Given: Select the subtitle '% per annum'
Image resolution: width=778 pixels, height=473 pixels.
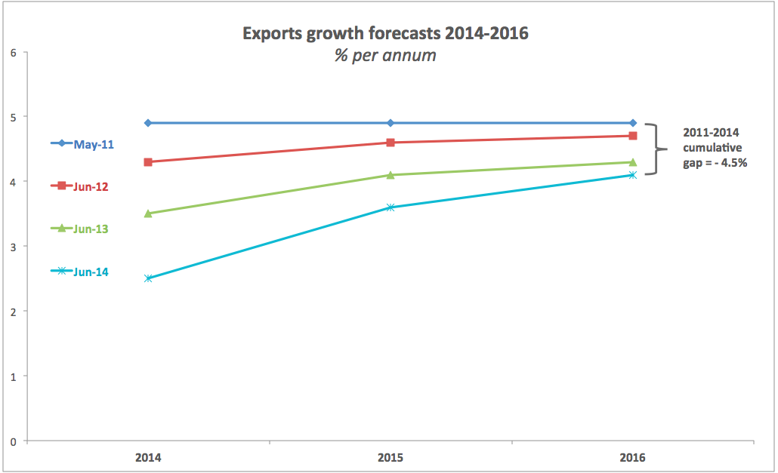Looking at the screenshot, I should click(385, 56).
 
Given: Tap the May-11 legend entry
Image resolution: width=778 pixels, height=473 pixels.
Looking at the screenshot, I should click(83, 143).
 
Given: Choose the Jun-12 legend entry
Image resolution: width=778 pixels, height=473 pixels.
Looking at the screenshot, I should click(82, 186).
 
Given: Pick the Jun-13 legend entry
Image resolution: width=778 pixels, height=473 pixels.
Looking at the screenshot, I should click(82, 228).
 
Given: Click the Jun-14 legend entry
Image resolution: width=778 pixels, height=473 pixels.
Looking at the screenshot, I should click(82, 272).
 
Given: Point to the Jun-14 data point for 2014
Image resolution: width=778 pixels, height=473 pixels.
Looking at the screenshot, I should click(148, 278).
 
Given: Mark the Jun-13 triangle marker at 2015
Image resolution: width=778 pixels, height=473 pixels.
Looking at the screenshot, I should click(391, 175).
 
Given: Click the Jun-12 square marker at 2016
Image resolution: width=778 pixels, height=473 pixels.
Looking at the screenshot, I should click(633, 136).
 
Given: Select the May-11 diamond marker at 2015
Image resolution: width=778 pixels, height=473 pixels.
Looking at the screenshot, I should click(391, 123).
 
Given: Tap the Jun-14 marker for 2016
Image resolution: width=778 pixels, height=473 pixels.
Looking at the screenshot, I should click(633, 175).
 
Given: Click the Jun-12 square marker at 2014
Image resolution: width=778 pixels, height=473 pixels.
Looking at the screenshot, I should click(148, 162).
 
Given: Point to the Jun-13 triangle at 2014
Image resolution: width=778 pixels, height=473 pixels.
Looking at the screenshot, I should click(148, 213).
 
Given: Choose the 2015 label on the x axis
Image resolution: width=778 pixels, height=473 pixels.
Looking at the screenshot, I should click(391, 457).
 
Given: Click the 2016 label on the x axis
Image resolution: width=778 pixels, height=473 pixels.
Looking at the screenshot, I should click(633, 457).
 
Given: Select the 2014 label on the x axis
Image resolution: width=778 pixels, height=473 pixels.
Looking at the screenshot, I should click(148, 457).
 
